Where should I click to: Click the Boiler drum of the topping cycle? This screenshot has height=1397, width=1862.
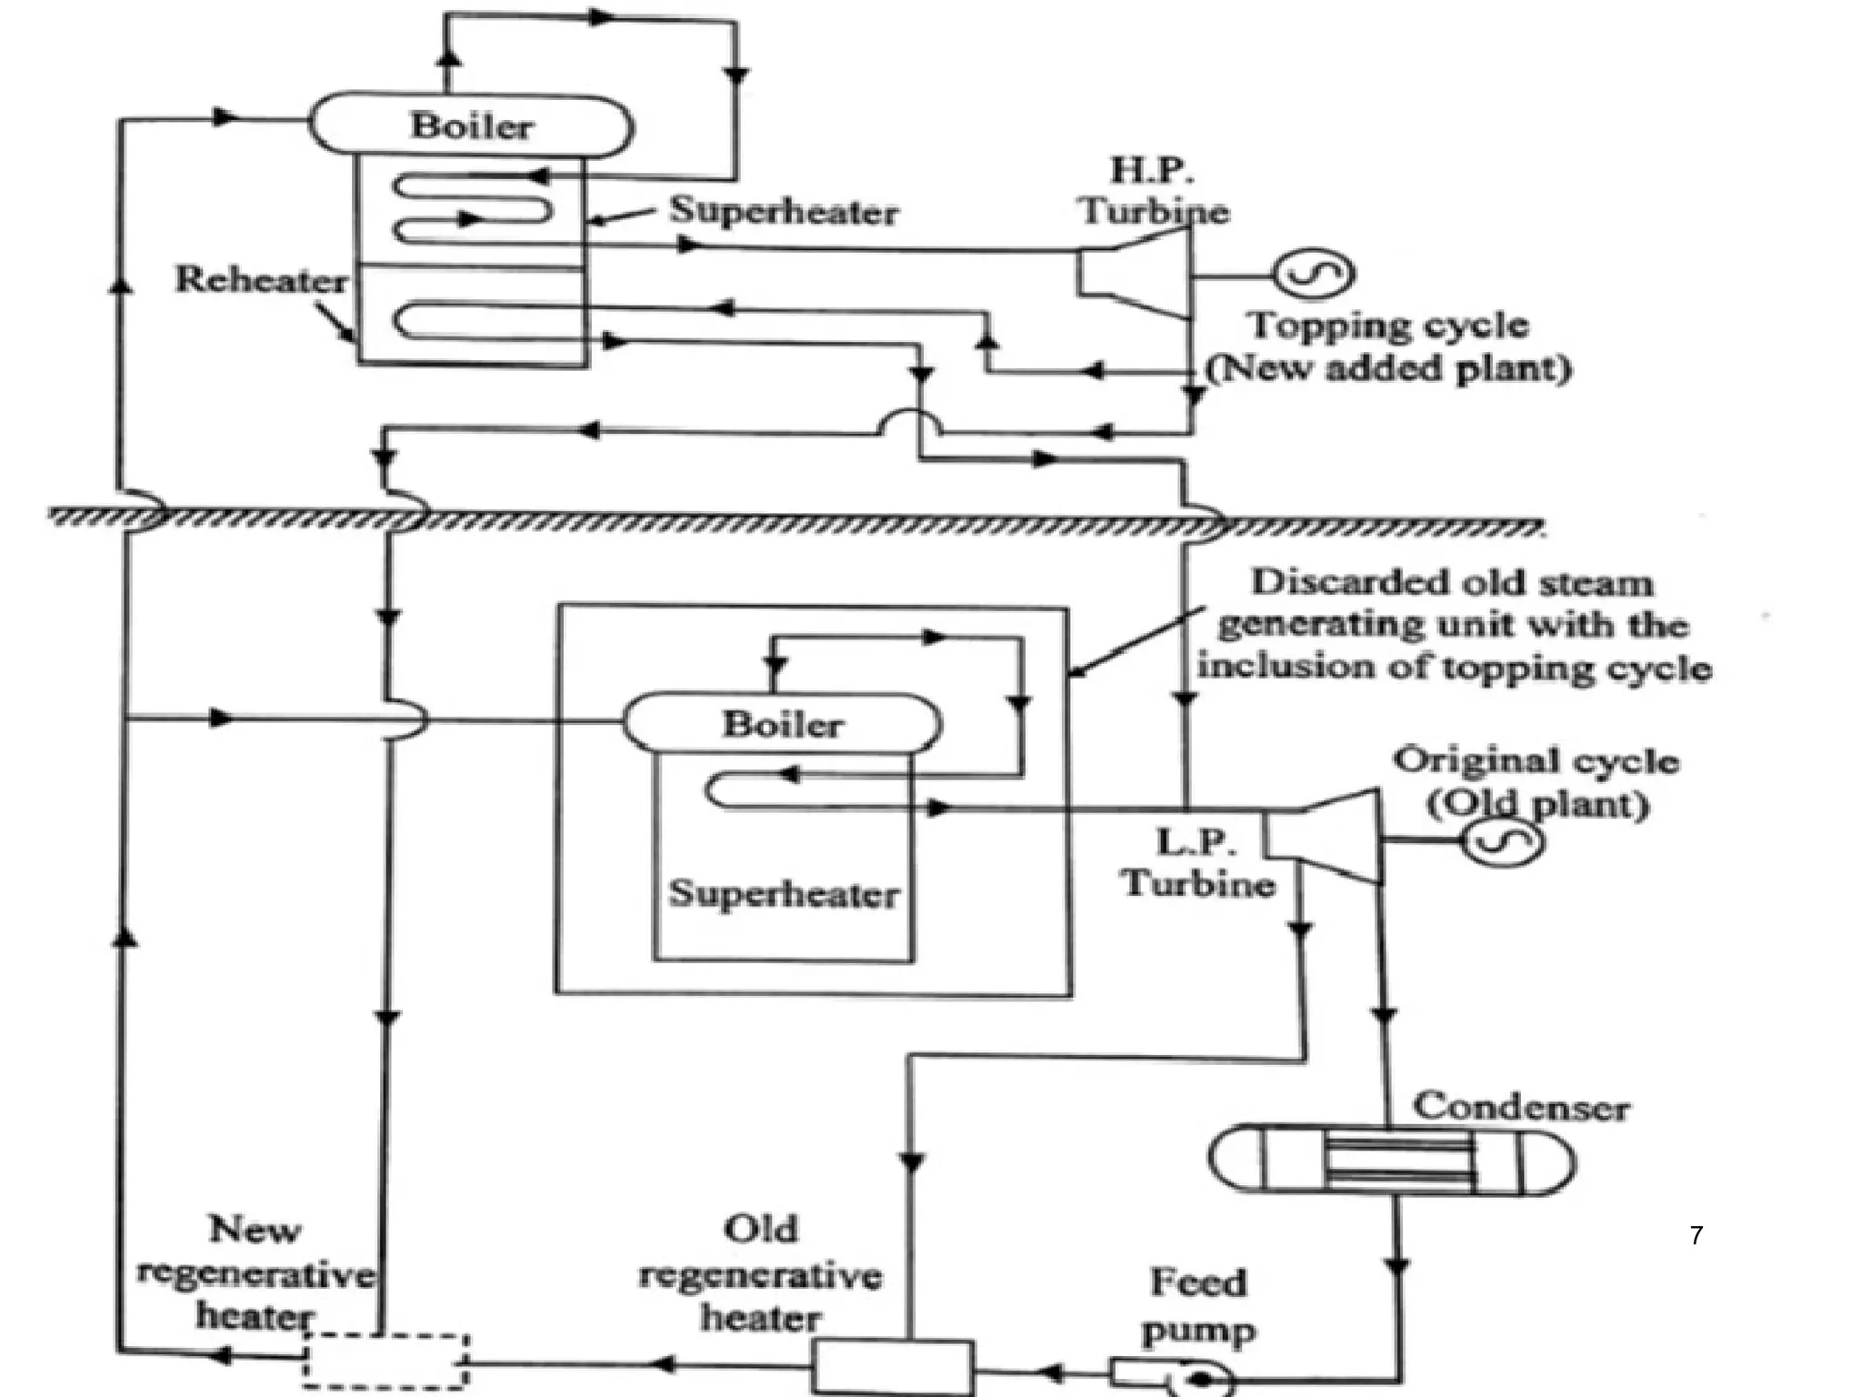click(x=471, y=126)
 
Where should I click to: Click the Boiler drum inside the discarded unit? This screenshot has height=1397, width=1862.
click(x=782, y=724)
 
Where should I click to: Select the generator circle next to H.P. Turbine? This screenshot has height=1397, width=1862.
click(x=1313, y=274)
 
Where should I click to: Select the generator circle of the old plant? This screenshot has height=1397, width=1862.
click(x=1502, y=841)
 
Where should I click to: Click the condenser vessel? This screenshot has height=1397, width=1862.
click(x=1391, y=1160)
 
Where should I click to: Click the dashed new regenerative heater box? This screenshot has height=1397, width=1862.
click(x=385, y=1361)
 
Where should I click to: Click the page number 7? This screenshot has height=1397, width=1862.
click(x=1696, y=1235)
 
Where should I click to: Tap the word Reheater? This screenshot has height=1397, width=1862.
click(x=261, y=279)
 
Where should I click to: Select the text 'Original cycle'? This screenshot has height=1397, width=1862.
click(x=1536, y=760)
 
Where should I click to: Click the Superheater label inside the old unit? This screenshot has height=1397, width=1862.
click(x=784, y=894)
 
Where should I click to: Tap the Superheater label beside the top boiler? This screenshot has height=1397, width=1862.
click(x=784, y=211)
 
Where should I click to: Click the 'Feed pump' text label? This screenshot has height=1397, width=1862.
click(x=1198, y=1305)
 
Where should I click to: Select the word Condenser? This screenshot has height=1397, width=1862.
click(x=1520, y=1107)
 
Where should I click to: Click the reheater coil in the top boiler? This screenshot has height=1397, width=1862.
click(x=473, y=323)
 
